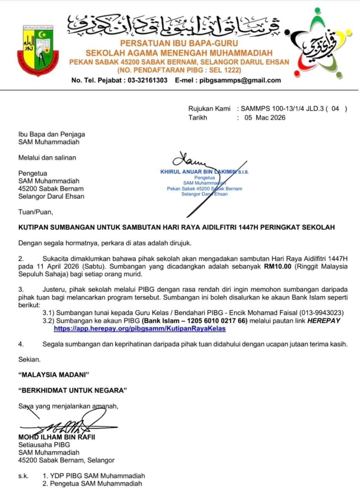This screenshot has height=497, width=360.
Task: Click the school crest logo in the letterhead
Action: coord(38,50)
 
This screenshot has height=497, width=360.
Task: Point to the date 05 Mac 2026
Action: coord(264,117)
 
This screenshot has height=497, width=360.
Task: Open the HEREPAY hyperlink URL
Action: coord(139,328)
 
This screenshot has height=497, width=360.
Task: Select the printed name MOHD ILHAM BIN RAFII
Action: coord(57,437)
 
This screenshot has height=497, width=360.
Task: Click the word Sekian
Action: coord(30,360)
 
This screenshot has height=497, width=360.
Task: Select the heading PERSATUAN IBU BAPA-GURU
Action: coord(179,43)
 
